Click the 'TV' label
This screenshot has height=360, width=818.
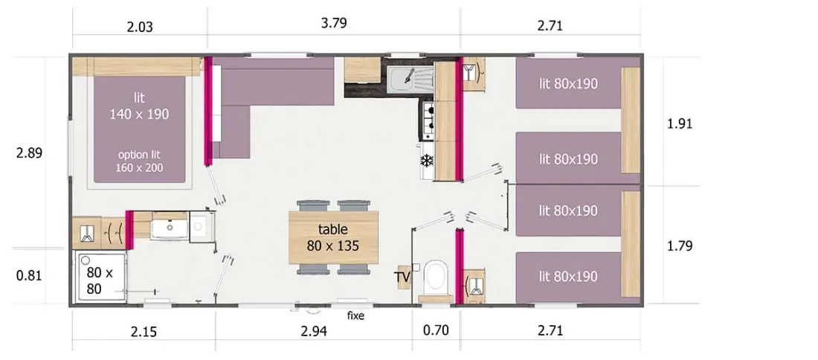point(403,276)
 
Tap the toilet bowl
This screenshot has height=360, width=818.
point(435,277)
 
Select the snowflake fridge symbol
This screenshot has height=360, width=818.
point(428,161)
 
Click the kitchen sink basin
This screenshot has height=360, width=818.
point(404,78)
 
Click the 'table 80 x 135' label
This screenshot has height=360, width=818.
point(333,237)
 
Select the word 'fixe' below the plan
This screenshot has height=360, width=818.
point(355,316)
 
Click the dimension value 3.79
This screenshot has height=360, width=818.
point(334,24)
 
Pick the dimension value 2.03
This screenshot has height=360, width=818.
point(140,27)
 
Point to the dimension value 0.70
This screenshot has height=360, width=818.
point(435,330)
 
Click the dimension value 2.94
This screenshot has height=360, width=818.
point(314,331)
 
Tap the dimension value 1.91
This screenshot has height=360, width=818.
point(680,124)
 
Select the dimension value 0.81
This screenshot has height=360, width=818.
point(29,275)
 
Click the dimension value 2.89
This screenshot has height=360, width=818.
point(29,153)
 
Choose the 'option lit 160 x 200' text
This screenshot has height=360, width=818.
point(139,161)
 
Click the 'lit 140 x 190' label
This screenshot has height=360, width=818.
point(139,106)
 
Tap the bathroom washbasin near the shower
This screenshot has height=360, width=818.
point(168,227)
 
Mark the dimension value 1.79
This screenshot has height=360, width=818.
point(680,245)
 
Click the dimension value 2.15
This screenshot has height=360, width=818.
point(144,332)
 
